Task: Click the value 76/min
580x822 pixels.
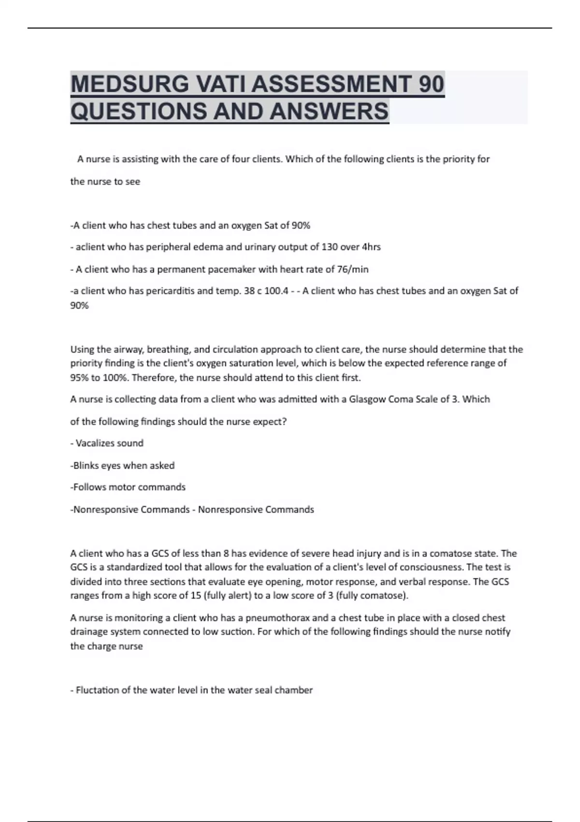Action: click(x=352, y=269)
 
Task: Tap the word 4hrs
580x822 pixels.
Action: click(x=371, y=247)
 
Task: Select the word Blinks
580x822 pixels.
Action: click(x=86, y=466)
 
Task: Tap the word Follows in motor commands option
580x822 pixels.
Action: click(x=88, y=487)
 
